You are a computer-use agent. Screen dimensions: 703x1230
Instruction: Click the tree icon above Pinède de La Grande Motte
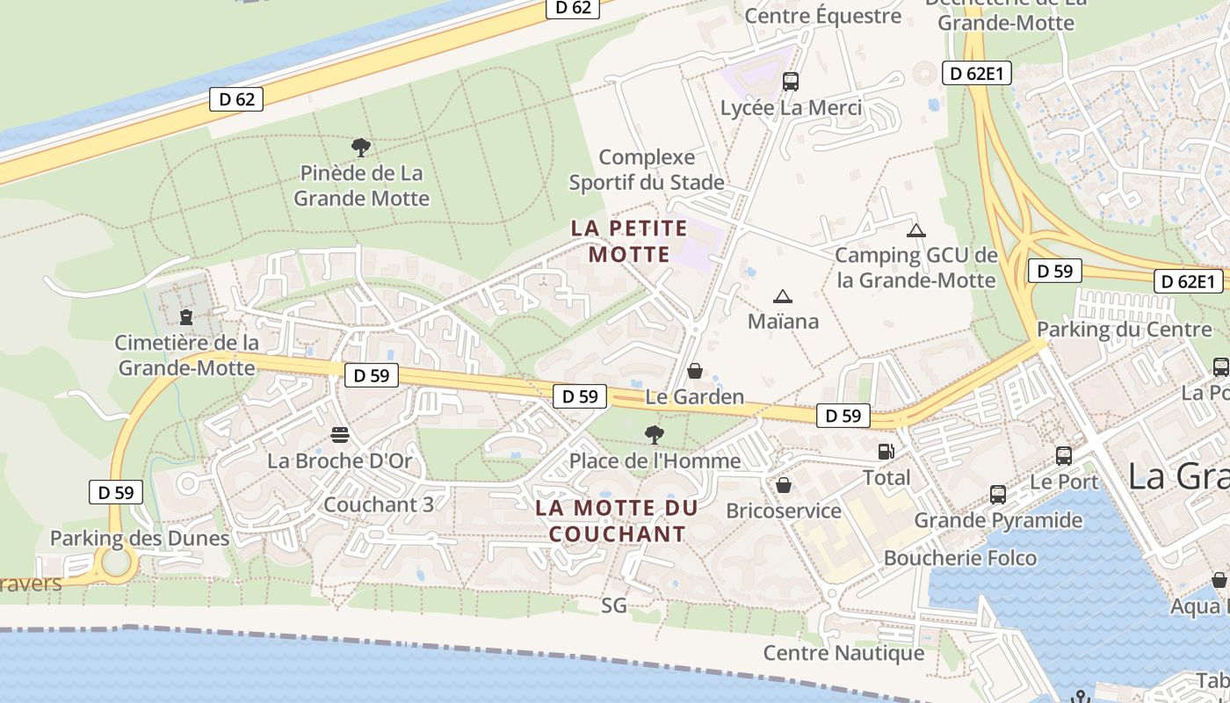360,147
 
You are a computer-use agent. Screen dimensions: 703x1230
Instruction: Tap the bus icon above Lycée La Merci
791,82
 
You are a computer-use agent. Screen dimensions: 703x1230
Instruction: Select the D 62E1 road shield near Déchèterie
976,73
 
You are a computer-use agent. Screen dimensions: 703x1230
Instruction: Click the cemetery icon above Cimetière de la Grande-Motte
185,315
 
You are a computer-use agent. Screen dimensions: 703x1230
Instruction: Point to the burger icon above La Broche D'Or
340,435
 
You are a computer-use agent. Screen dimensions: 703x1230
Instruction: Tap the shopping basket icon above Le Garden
695,371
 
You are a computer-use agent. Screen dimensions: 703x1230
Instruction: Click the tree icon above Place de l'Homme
654,434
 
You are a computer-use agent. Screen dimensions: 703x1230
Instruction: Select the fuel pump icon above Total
886,452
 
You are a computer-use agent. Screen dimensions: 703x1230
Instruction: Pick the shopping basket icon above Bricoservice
784,485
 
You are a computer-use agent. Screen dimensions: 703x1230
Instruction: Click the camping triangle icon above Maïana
782,296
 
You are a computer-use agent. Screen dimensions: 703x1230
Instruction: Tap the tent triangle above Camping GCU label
916,230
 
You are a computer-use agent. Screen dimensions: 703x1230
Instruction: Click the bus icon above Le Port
1064,455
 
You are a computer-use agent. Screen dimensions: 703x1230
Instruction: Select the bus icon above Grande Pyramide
998,494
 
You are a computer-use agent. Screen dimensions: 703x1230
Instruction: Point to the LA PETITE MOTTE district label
629,242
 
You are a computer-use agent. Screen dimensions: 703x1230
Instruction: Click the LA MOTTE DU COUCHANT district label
617,520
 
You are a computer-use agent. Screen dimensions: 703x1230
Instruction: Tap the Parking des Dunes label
140,538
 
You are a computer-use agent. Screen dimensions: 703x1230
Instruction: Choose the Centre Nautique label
843,653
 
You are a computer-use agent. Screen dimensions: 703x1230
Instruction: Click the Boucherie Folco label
960,558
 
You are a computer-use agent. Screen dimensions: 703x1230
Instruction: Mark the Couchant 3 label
379,504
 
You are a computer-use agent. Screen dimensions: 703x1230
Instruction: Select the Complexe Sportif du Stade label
647,170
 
